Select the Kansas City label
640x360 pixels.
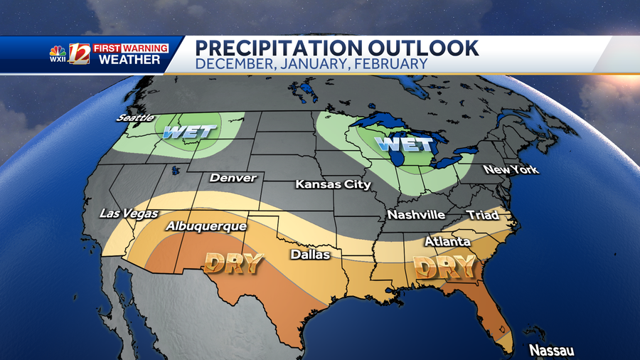click(x=334, y=185)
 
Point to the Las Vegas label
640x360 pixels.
click(x=129, y=213)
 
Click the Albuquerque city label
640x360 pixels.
click(x=206, y=226)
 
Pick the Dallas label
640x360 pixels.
click(x=310, y=254)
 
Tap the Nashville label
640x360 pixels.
click(x=416, y=215)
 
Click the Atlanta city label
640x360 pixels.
click(x=447, y=242)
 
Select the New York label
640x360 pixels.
click(x=511, y=169)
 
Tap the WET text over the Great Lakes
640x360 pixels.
click(x=403, y=144)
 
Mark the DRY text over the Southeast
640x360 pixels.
click(x=444, y=268)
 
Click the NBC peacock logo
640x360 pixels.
click(x=58, y=52)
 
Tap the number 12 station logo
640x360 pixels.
click(x=80, y=54)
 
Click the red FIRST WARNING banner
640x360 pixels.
click(x=130, y=48)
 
